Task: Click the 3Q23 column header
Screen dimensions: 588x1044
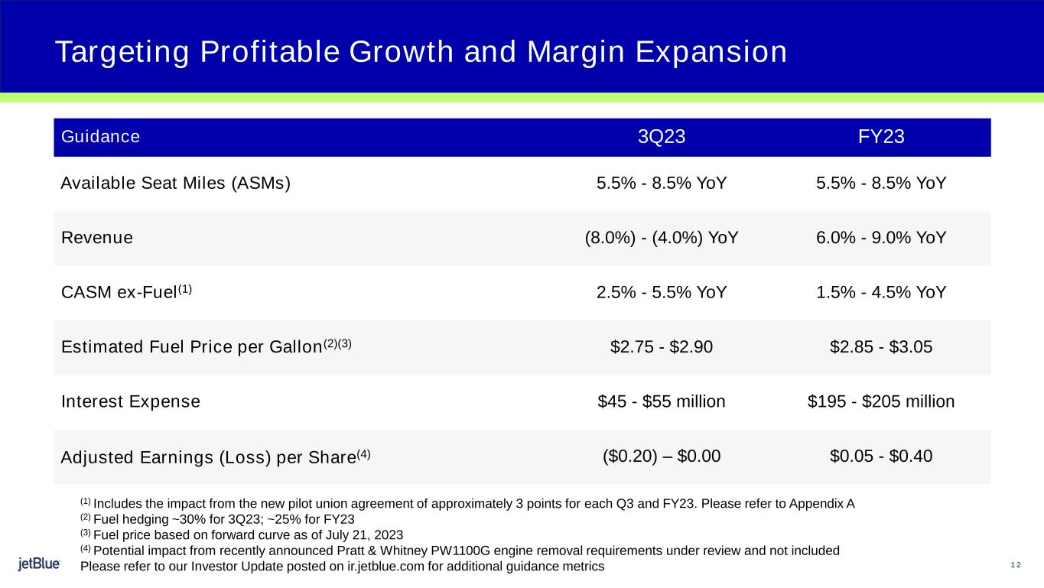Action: [662, 138]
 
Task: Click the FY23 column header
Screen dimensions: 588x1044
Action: [881, 138]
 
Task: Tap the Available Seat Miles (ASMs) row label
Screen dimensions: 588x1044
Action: [175, 184]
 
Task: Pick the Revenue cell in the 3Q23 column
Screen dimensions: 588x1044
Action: [662, 238]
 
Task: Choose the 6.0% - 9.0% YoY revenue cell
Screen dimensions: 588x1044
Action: [881, 238]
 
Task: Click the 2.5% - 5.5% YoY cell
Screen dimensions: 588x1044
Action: [662, 292]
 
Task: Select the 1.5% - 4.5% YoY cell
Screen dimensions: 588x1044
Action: [881, 292]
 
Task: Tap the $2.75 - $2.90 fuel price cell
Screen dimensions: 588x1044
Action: [662, 347]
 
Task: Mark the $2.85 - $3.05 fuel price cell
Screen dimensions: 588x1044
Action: [881, 347]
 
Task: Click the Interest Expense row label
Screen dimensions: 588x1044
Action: [130, 401]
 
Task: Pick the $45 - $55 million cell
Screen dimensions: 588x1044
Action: [662, 401]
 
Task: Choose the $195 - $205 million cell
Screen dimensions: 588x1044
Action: [881, 401]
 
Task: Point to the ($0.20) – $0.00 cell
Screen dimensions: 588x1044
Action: [662, 456]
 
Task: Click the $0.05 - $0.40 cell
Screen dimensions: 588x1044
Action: [881, 456]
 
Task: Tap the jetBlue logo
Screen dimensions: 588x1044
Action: [39, 565]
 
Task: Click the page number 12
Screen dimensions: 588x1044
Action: [1016, 565]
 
